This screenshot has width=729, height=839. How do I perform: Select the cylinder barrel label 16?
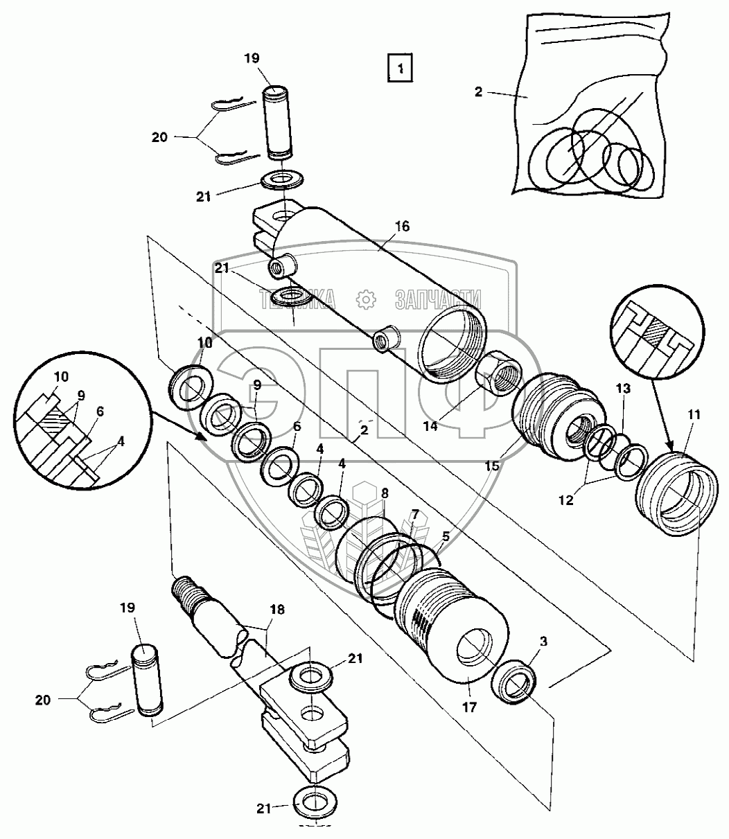pos(402,226)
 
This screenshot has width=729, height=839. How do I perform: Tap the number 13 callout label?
pos(623,389)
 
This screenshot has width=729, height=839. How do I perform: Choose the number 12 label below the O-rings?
pos(566,499)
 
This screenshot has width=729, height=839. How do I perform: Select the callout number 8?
pos(385,493)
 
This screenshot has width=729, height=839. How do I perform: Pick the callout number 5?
pos(445,535)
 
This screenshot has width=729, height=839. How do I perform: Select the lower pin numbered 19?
pos(146,680)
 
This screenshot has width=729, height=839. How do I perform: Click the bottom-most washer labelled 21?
pos(315,803)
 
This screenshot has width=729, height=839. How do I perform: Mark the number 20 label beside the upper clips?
pos(159,137)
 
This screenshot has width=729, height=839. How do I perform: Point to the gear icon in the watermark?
pos(364,299)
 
